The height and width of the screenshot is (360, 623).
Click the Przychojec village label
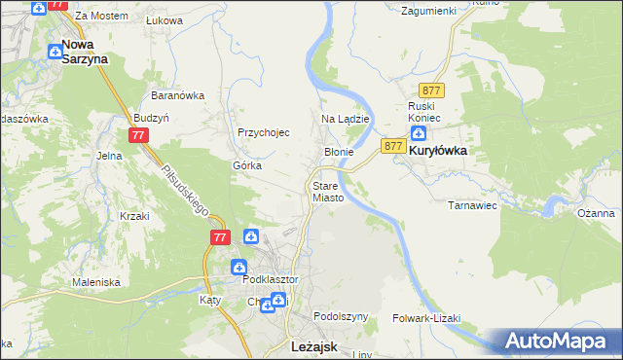264,133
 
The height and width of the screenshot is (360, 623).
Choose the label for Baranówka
176,95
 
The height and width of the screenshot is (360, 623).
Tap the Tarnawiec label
472,205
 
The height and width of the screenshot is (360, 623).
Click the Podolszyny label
341,317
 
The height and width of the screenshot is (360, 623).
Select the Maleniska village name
95,282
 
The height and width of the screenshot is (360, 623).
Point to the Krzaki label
134,216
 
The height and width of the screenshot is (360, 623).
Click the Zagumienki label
429,11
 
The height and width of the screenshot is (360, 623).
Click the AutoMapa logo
558,342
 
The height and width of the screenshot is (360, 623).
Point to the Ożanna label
595,213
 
